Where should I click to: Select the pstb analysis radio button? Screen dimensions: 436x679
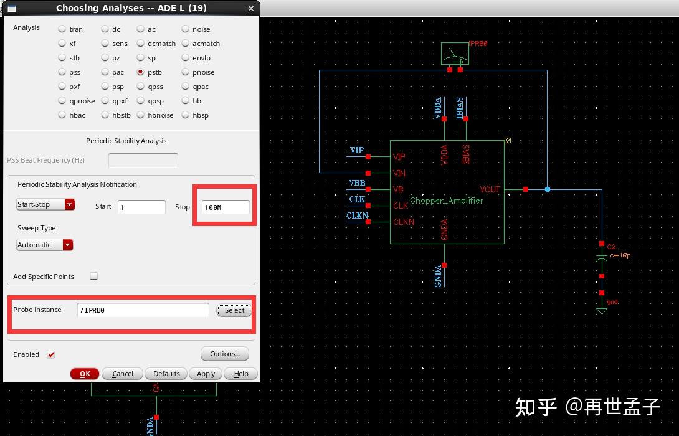pos(141,72)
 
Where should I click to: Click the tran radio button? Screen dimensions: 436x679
pos(62,29)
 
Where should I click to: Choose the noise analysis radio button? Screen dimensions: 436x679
pos(186,29)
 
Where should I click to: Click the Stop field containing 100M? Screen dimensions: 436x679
pos(226,207)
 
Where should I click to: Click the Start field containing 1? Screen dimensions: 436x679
pos(141,207)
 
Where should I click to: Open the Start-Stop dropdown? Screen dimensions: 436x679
pos(45,204)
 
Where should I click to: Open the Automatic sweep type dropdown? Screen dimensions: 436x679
pos(45,245)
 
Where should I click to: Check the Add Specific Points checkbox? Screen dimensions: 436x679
pos(94,276)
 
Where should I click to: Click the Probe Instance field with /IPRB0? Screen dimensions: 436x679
pos(143,310)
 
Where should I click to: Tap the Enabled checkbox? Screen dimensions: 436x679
pos(51,354)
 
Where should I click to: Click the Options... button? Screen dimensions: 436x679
pos(225,354)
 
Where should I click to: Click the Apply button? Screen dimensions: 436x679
pos(206,374)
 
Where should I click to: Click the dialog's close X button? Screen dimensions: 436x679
pos(251,9)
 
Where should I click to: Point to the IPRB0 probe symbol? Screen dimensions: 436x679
pos(455,54)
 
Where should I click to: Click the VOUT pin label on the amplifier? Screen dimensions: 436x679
pos(490,189)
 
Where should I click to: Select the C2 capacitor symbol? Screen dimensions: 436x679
pos(602,256)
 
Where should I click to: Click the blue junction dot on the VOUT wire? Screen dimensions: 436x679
pos(547,189)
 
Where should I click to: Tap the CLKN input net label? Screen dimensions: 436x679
pos(357,216)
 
